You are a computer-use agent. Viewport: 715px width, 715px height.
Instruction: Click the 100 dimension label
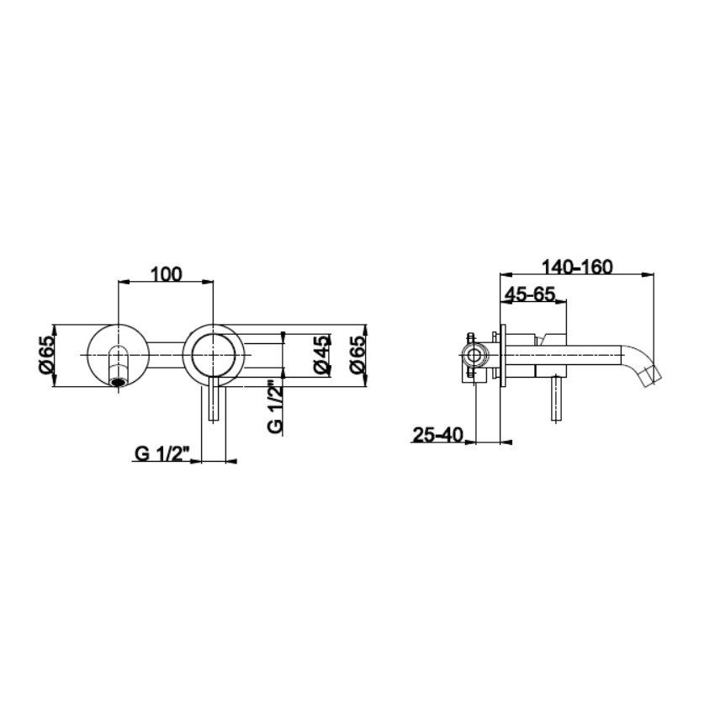tap(166, 274)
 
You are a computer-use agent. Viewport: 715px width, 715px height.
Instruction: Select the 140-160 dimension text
tap(577, 267)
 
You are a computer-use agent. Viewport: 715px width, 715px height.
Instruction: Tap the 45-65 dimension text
tap(529, 294)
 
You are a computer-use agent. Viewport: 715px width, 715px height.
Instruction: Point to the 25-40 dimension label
tap(437, 435)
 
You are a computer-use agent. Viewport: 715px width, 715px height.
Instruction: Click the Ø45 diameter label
tap(321, 355)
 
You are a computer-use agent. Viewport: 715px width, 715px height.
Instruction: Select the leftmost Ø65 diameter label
tap(47, 356)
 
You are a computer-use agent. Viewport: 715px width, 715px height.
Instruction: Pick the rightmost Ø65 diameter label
tap(357, 355)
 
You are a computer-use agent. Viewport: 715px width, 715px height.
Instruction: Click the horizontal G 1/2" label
tap(162, 453)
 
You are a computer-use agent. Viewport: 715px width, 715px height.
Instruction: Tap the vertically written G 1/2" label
tap(275, 406)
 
